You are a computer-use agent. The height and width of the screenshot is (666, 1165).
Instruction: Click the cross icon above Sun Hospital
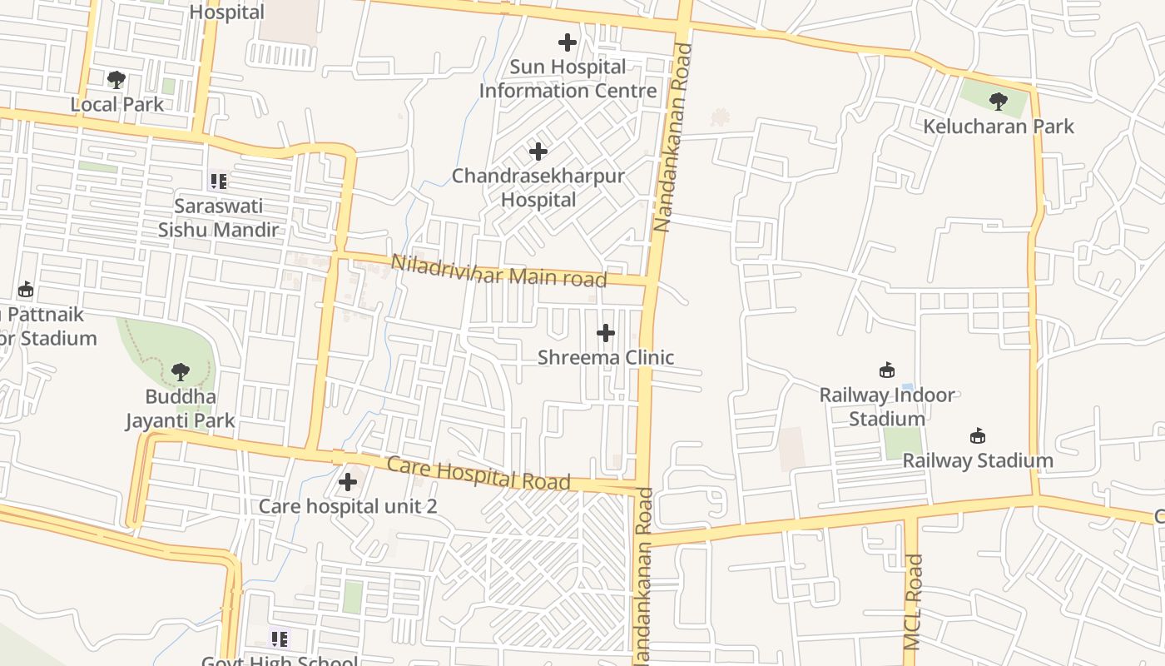pos(568,42)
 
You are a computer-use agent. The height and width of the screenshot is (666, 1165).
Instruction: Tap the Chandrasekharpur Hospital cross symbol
pos(538,152)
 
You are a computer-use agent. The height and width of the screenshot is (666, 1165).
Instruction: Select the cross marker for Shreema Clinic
pos(606,333)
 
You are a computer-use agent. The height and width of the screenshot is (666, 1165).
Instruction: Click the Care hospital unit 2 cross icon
pos(348,481)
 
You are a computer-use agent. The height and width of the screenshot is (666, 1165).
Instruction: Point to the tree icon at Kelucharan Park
pos(999,102)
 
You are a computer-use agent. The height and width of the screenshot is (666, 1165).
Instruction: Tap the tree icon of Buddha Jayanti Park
pos(180,371)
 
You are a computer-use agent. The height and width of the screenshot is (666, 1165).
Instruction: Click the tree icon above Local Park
pos(116,80)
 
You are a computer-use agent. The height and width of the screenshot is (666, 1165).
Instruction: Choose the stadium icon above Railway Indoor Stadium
pos(887,370)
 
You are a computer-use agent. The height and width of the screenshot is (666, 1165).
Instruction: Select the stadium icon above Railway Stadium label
pos(978,435)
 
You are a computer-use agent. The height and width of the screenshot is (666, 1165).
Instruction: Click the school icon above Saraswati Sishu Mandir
pos(218,181)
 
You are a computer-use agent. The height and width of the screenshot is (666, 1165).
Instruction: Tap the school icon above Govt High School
pos(279,639)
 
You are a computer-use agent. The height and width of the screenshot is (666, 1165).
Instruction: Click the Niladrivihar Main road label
pos(498,271)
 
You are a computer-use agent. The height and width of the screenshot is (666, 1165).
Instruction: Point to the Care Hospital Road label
pos(479,473)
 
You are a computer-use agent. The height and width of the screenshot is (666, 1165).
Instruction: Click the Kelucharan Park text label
pos(999,127)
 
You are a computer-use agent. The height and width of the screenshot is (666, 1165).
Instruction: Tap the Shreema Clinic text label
pos(606,357)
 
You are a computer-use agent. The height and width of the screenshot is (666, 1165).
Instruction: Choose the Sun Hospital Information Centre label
pos(568,78)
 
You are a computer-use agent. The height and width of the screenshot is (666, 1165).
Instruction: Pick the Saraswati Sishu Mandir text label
pos(218,217)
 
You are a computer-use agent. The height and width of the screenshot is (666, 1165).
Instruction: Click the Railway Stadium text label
pos(978,460)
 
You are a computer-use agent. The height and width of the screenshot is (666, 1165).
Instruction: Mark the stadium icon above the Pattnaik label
pos(26,290)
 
